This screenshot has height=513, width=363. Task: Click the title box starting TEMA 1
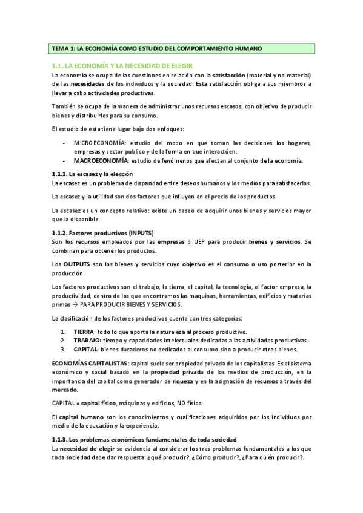(x=181, y=48)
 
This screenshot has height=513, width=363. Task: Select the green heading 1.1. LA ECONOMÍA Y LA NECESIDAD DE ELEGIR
(x=122, y=65)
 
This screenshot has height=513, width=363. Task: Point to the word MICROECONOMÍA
(x=98, y=143)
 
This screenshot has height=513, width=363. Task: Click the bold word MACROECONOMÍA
(x=101, y=160)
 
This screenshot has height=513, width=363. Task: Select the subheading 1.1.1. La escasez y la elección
(x=92, y=174)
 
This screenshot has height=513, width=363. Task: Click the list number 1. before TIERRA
(x=64, y=332)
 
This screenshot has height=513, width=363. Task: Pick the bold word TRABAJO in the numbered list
(x=88, y=341)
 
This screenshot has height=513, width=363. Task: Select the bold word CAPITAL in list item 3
(x=87, y=350)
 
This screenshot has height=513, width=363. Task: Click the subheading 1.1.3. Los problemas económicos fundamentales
(x=144, y=439)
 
